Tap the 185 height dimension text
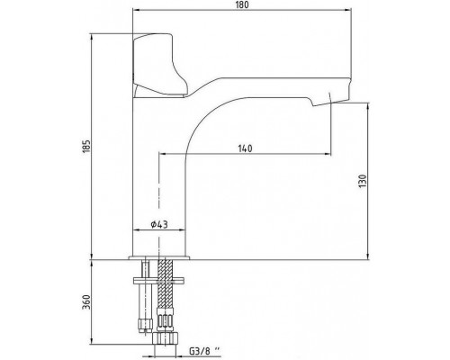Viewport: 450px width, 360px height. click(x=86, y=146)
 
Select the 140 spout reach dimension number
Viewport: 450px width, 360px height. click(x=245, y=148)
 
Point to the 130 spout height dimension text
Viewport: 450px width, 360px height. click(x=363, y=181)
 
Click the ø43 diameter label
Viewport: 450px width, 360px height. click(x=159, y=224)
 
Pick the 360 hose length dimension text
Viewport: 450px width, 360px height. click(x=86, y=301)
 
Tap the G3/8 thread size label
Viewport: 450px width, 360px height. click(x=204, y=350)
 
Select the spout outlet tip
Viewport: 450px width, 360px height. click(x=330, y=100)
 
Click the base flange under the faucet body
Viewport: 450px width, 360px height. click(x=159, y=257)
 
